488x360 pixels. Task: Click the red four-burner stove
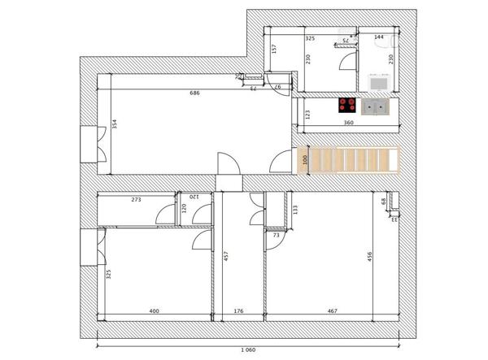click(348, 105)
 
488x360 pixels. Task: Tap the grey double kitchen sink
click(376, 106)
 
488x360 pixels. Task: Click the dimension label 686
click(194, 93)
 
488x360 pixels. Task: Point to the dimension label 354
click(115, 124)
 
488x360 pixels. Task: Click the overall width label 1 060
click(248, 349)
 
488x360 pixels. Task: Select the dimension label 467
click(333, 310)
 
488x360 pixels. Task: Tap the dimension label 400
click(155, 310)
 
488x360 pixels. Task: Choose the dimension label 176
click(238, 310)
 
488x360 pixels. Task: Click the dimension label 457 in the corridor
click(225, 257)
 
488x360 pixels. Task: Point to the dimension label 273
click(137, 198)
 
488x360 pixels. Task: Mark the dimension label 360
click(348, 123)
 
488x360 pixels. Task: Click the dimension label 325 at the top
click(310, 37)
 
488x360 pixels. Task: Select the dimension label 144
click(379, 37)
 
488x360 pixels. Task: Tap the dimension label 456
click(371, 257)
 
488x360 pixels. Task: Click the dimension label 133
click(295, 210)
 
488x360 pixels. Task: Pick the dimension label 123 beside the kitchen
click(307, 115)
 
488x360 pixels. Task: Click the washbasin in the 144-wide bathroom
click(377, 81)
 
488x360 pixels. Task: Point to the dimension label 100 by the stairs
click(305, 160)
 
